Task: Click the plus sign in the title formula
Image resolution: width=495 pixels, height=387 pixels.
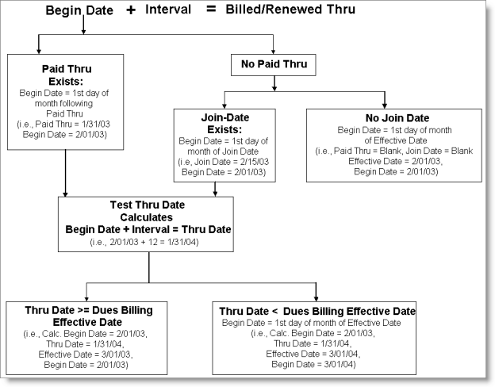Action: tap(131, 10)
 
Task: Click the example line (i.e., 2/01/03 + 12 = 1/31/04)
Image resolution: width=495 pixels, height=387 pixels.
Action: tap(149, 242)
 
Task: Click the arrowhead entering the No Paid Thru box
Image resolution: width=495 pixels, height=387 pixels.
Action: tap(273, 52)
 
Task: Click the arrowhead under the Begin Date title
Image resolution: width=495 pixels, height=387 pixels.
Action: tap(83, 33)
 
